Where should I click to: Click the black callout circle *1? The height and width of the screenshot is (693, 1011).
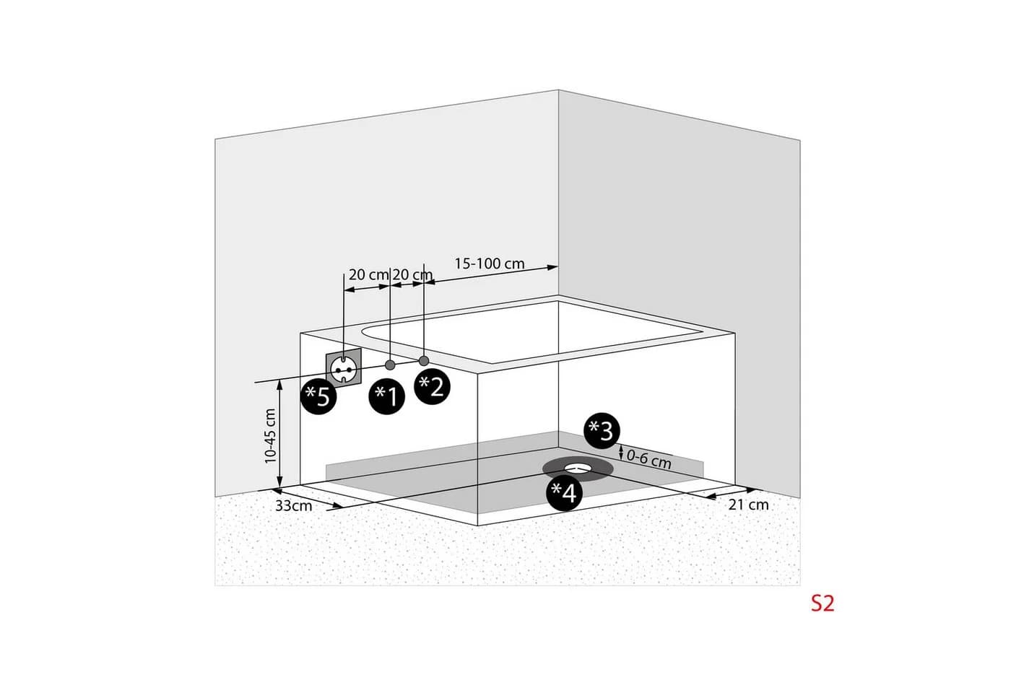(x=387, y=396)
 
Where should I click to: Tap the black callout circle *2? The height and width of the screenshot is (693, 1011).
(x=433, y=386)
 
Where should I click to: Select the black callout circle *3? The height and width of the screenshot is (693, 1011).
(x=602, y=431)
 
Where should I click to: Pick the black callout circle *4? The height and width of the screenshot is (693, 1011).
(x=564, y=492)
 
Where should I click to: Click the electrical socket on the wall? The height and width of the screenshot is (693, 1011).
(x=344, y=368)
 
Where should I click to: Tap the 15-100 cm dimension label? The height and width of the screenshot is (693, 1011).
(x=490, y=263)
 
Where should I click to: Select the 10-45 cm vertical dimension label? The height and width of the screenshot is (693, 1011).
(x=270, y=436)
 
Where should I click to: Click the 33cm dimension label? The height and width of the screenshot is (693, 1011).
(x=293, y=506)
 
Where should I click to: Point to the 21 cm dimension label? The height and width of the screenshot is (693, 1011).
(x=748, y=505)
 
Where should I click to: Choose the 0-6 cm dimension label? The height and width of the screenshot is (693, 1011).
(x=649, y=459)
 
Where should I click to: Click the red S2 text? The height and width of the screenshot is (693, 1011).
(x=823, y=603)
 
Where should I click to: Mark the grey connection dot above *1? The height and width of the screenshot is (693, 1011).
(x=390, y=365)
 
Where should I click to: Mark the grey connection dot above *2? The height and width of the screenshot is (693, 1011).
(x=424, y=361)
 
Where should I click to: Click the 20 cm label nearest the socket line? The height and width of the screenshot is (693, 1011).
(x=369, y=274)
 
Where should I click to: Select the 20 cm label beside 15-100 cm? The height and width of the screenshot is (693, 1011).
(x=412, y=274)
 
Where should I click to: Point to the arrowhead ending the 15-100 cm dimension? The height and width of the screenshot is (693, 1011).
(x=552, y=268)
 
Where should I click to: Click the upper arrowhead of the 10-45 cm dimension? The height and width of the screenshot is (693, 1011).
(x=280, y=384)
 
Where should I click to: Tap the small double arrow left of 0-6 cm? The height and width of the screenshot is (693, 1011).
(x=621, y=453)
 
